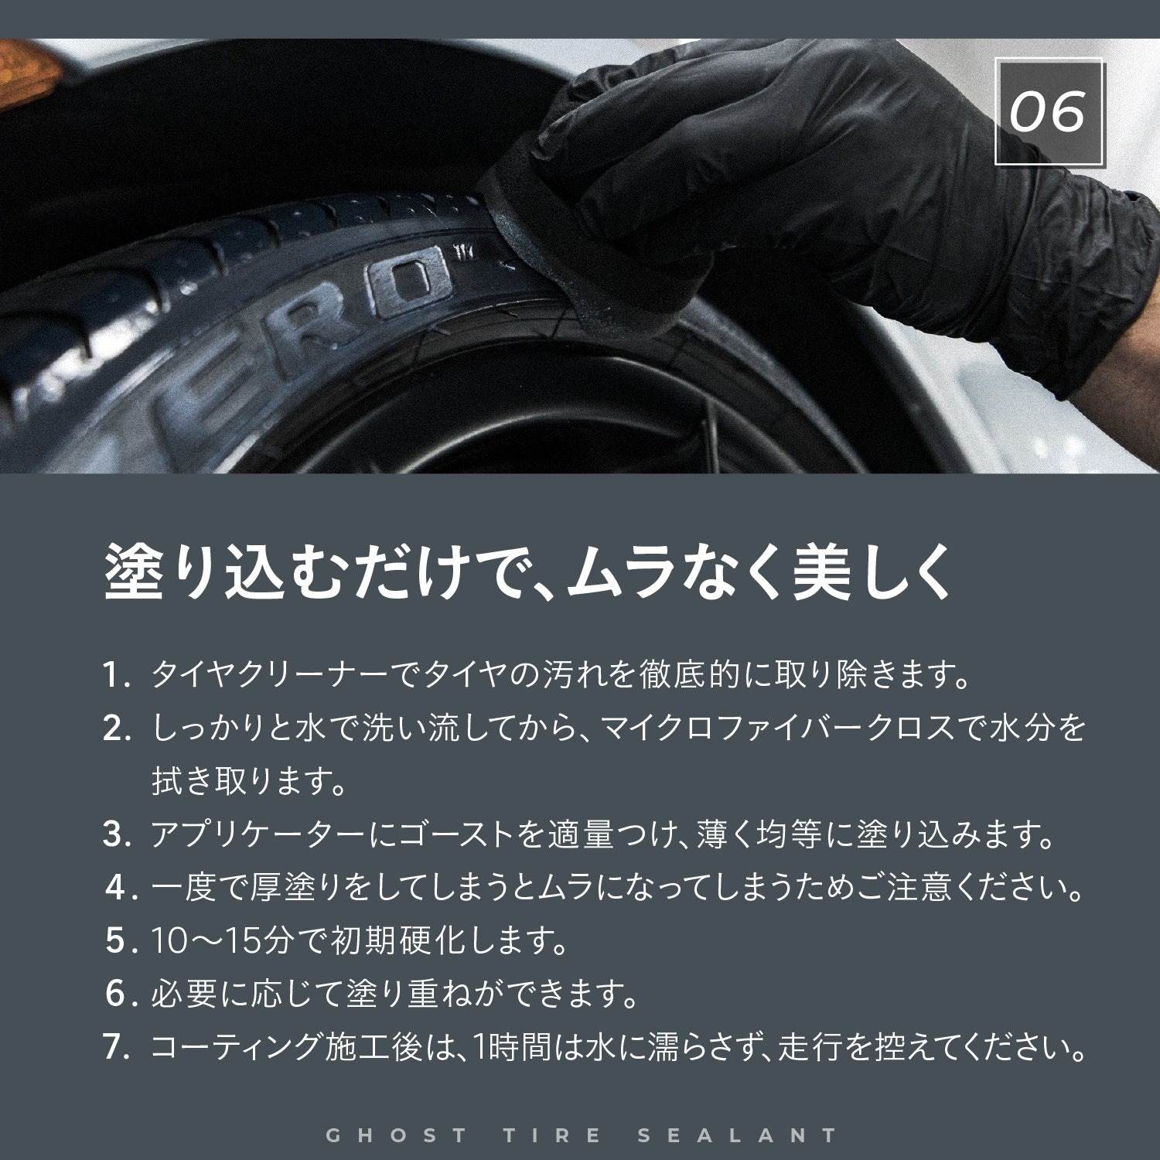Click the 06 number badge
1049,113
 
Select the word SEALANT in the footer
738,1135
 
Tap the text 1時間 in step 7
511,1048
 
